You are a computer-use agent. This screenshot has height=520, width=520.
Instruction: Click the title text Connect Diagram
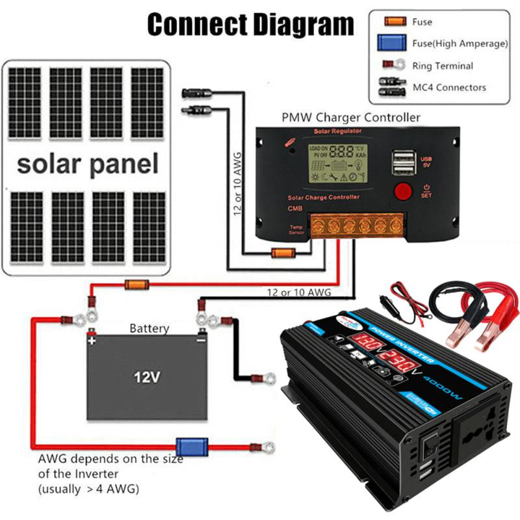(x=251, y=25)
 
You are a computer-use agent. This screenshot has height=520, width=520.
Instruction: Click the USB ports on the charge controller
(x=402, y=162)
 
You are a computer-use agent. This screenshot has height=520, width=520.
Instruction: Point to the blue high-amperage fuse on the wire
(x=193, y=447)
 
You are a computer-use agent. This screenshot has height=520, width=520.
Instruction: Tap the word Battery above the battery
(x=149, y=329)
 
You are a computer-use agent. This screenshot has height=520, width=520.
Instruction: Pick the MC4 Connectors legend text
(x=449, y=87)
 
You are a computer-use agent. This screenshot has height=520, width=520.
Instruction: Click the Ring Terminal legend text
(x=443, y=66)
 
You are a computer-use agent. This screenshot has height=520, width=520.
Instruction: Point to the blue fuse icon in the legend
(x=392, y=44)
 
